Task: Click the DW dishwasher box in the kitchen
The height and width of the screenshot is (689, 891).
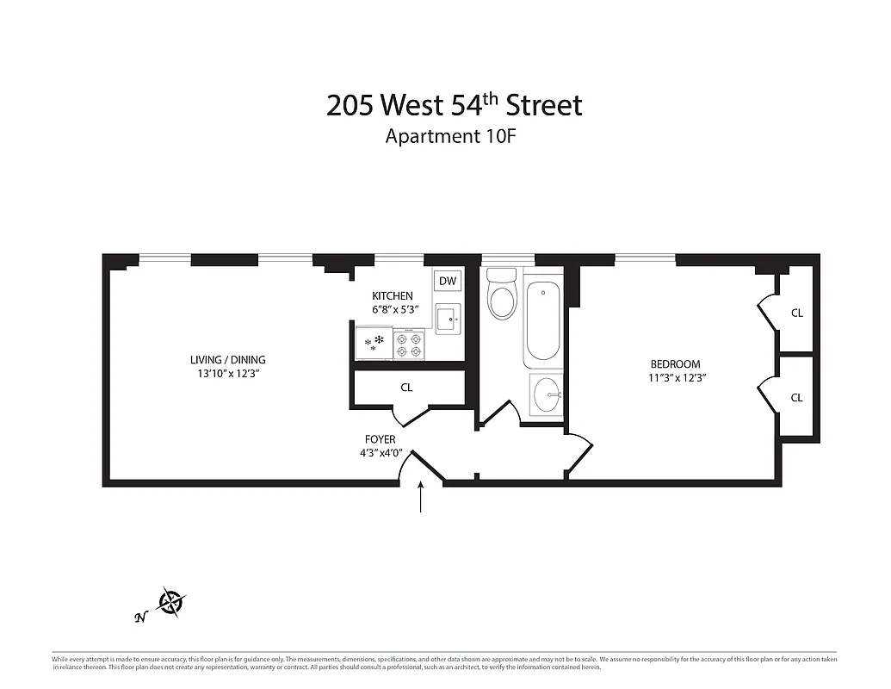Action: pos(448,281)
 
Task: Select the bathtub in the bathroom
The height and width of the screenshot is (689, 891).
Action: pos(542,322)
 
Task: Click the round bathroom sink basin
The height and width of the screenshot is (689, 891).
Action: pos(546,396)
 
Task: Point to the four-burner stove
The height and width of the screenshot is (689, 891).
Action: pos(411,345)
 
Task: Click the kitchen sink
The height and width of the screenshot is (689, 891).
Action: pos(448,320)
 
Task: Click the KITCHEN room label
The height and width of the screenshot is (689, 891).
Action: pos(392,296)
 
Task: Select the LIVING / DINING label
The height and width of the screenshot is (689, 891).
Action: pos(228,360)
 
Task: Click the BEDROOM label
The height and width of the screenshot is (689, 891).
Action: pos(675,364)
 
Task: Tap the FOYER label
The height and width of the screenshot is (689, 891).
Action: pos(379,439)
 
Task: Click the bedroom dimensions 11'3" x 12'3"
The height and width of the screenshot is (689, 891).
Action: pos(678,377)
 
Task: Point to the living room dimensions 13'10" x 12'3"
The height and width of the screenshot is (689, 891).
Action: pos(228,373)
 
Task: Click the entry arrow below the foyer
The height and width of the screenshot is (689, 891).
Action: pos(421,498)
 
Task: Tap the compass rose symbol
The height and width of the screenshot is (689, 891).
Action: pos(171,602)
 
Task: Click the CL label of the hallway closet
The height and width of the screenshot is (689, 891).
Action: pos(406,388)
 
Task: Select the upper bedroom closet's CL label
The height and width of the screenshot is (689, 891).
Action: pos(796,313)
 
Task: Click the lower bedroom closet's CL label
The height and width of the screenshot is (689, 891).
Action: pos(796,398)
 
